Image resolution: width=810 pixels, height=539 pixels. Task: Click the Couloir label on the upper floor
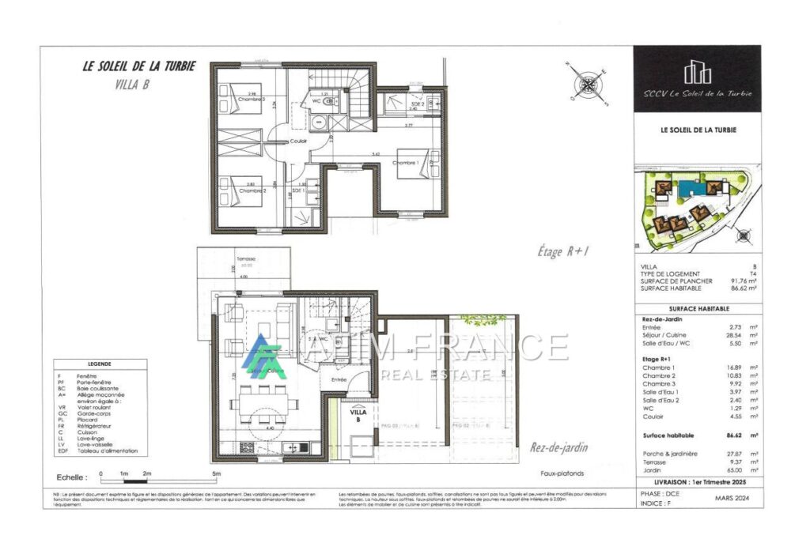coord(298,141)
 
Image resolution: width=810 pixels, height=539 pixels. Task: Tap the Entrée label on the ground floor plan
coord(339,379)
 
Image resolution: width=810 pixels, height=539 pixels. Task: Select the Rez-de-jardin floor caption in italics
coord(559,448)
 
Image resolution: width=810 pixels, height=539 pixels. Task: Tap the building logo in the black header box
coord(697,72)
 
